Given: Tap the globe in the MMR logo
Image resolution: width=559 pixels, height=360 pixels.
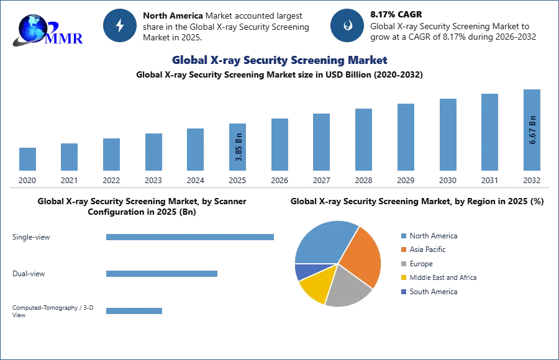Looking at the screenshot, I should click(32, 27).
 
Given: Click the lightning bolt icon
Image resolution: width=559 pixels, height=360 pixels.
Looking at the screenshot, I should click(120, 25).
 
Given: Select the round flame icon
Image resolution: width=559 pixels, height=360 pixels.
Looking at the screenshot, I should click(347, 25).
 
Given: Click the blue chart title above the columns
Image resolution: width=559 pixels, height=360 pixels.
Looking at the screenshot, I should click(278, 60).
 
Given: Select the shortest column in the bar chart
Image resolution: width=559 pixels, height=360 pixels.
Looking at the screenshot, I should click(27, 159).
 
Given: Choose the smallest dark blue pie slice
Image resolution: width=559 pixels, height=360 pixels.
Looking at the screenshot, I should click(303, 271).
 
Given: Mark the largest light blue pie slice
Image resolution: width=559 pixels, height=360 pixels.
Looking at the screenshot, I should click(324, 242).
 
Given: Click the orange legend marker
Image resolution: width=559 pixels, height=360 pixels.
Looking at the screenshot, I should click(403, 250).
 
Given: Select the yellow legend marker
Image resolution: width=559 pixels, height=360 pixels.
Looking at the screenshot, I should click(403, 278).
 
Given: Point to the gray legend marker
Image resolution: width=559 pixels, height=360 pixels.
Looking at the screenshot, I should click(403, 264).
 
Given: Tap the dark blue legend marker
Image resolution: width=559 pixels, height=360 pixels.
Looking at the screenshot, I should click(403, 292).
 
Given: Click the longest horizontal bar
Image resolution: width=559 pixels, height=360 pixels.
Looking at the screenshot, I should click(191, 238).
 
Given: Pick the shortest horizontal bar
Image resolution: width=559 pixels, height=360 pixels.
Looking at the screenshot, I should click(134, 312).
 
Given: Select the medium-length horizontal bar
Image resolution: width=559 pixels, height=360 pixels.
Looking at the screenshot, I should click(161, 273).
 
